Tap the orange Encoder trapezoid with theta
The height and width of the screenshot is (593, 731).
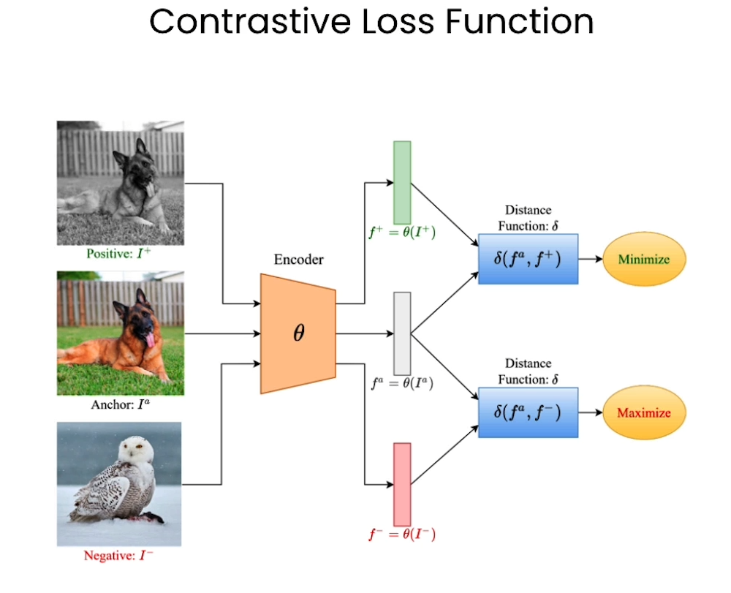point(298,333)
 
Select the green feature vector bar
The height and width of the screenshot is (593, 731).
point(402,183)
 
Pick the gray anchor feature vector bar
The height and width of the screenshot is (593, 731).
point(402,333)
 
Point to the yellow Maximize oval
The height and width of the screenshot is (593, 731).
point(644,412)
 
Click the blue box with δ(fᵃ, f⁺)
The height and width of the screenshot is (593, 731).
point(528,260)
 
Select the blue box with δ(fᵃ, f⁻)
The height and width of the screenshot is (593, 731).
point(528,412)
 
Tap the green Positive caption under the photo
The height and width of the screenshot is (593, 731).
point(120,254)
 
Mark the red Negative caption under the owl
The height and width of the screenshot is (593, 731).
point(119,556)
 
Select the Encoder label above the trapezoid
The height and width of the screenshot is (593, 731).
point(298,260)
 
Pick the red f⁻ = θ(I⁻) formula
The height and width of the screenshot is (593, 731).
point(401,535)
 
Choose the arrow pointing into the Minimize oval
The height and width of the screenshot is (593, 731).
point(591,260)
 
